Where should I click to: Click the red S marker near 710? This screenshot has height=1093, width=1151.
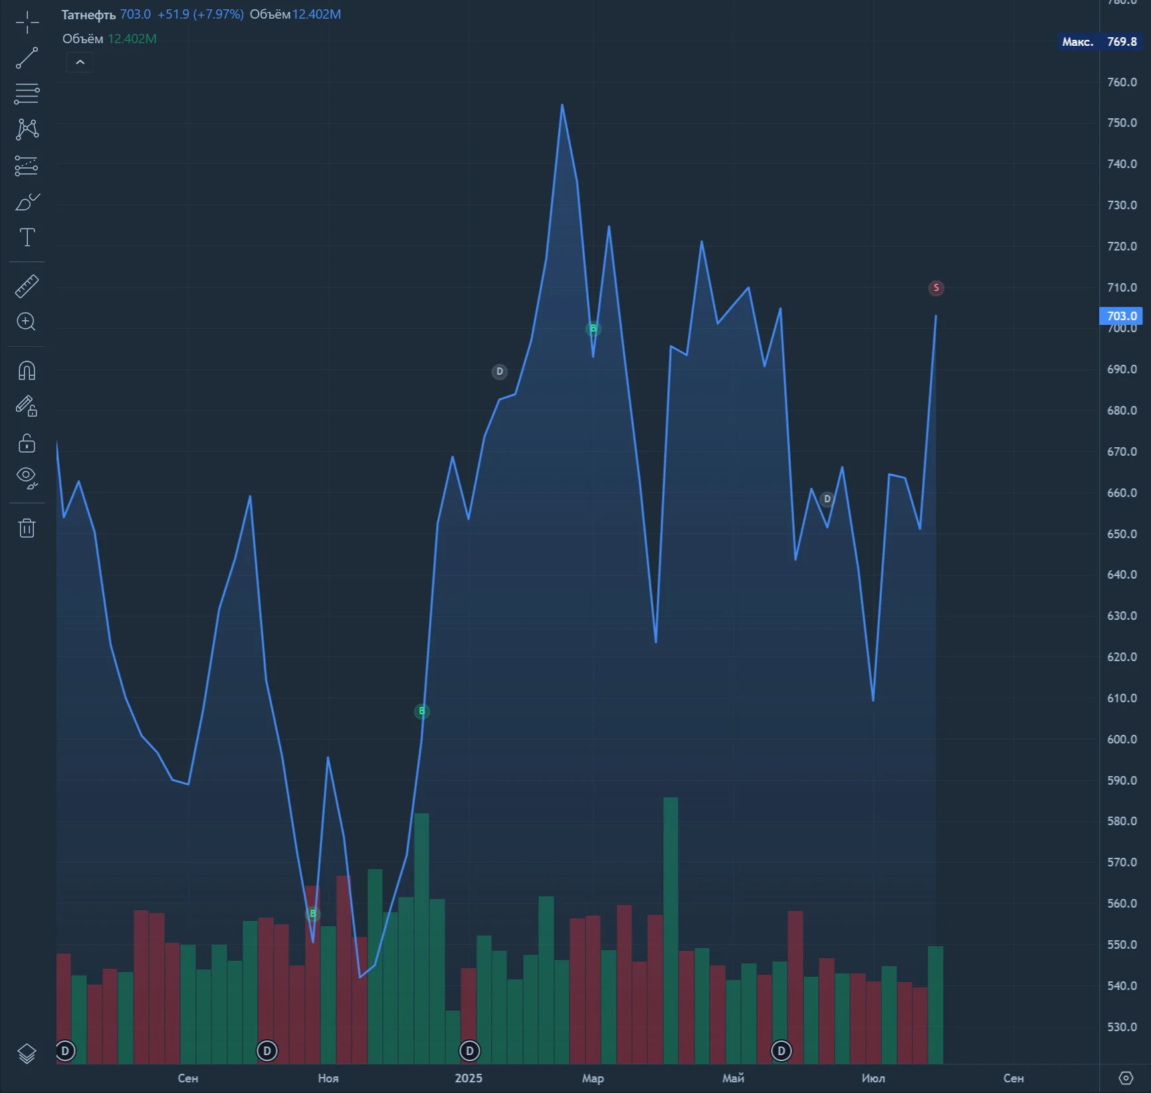click(x=936, y=288)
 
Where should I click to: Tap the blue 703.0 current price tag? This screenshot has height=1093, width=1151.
click(x=1121, y=316)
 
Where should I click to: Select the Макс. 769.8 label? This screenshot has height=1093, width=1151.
click(x=1099, y=42)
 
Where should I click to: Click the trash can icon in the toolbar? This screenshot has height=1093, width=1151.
click(x=27, y=528)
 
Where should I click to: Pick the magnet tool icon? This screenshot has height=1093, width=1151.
click(x=27, y=370)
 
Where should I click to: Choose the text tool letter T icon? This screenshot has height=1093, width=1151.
click(x=27, y=237)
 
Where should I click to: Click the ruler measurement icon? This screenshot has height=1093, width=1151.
click(x=27, y=286)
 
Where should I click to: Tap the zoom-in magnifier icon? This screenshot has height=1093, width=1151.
click(x=26, y=322)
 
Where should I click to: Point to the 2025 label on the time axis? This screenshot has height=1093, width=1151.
click(x=469, y=1078)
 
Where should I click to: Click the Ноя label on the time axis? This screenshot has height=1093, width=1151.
click(x=328, y=1078)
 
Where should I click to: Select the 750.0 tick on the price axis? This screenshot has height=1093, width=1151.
click(x=1122, y=123)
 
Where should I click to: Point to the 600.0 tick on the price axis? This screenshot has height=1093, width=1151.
click(x=1122, y=739)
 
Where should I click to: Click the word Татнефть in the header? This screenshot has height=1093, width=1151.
click(x=88, y=15)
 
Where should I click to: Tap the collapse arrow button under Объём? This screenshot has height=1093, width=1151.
click(x=80, y=62)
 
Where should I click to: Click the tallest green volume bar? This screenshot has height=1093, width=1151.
click(x=671, y=930)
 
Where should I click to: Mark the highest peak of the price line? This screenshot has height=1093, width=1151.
click(x=562, y=104)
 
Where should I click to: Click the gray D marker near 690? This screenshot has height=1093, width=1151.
click(x=499, y=371)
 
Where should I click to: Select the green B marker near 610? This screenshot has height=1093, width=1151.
click(x=421, y=712)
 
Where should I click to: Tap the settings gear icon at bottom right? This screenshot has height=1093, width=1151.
click(x=1125, y=1078)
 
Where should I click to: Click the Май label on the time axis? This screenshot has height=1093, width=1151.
click(x=733, y=1078)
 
